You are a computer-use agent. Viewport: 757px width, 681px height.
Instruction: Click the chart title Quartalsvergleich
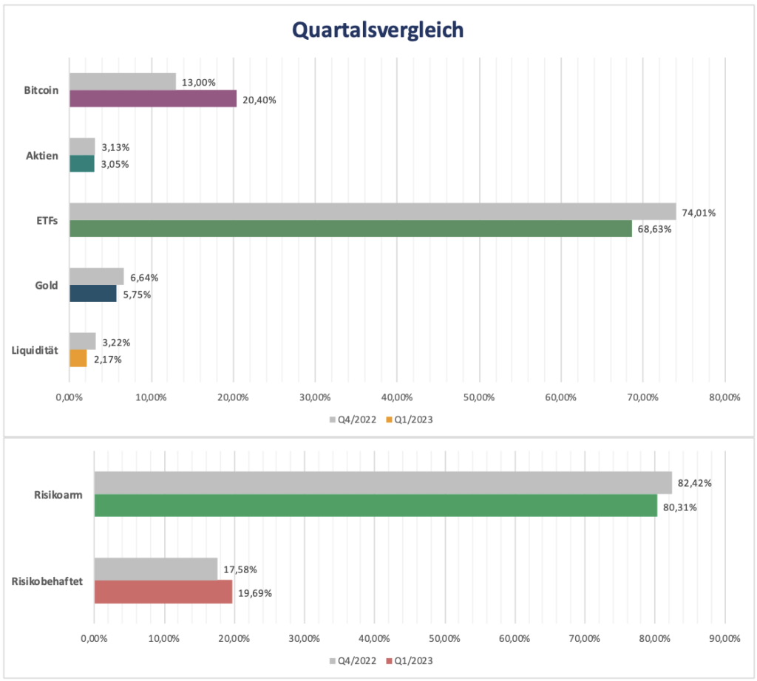click(x=378, y=29)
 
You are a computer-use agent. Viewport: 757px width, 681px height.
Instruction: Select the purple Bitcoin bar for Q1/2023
click(x=153, y=99)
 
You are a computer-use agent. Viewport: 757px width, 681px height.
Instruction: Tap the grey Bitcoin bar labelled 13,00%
click(x=123, y=81)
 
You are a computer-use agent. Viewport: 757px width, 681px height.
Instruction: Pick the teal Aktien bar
click(x=82, y=163)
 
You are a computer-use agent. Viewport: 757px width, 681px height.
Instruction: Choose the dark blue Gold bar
click(x=93, y=293)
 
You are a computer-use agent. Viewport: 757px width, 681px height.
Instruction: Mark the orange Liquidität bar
click(x=78, y=358)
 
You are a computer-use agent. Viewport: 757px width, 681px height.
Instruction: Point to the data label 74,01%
click(x=698, y=213)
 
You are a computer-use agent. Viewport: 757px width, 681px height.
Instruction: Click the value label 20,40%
click(x=259, y=100)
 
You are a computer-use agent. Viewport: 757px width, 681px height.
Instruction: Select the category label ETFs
click(x=47, y=220)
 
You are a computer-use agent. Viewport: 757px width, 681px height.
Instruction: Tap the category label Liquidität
click(x=35, y=350)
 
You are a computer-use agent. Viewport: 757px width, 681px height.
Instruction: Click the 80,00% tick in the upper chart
click(x=724, y=398)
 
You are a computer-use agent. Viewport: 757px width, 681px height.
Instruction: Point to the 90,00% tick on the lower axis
click(x=724, y=637)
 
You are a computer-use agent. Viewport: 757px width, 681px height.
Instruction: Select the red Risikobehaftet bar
click(x=163, y=592)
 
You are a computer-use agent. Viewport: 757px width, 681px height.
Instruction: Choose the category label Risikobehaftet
click(x=47, y=581)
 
